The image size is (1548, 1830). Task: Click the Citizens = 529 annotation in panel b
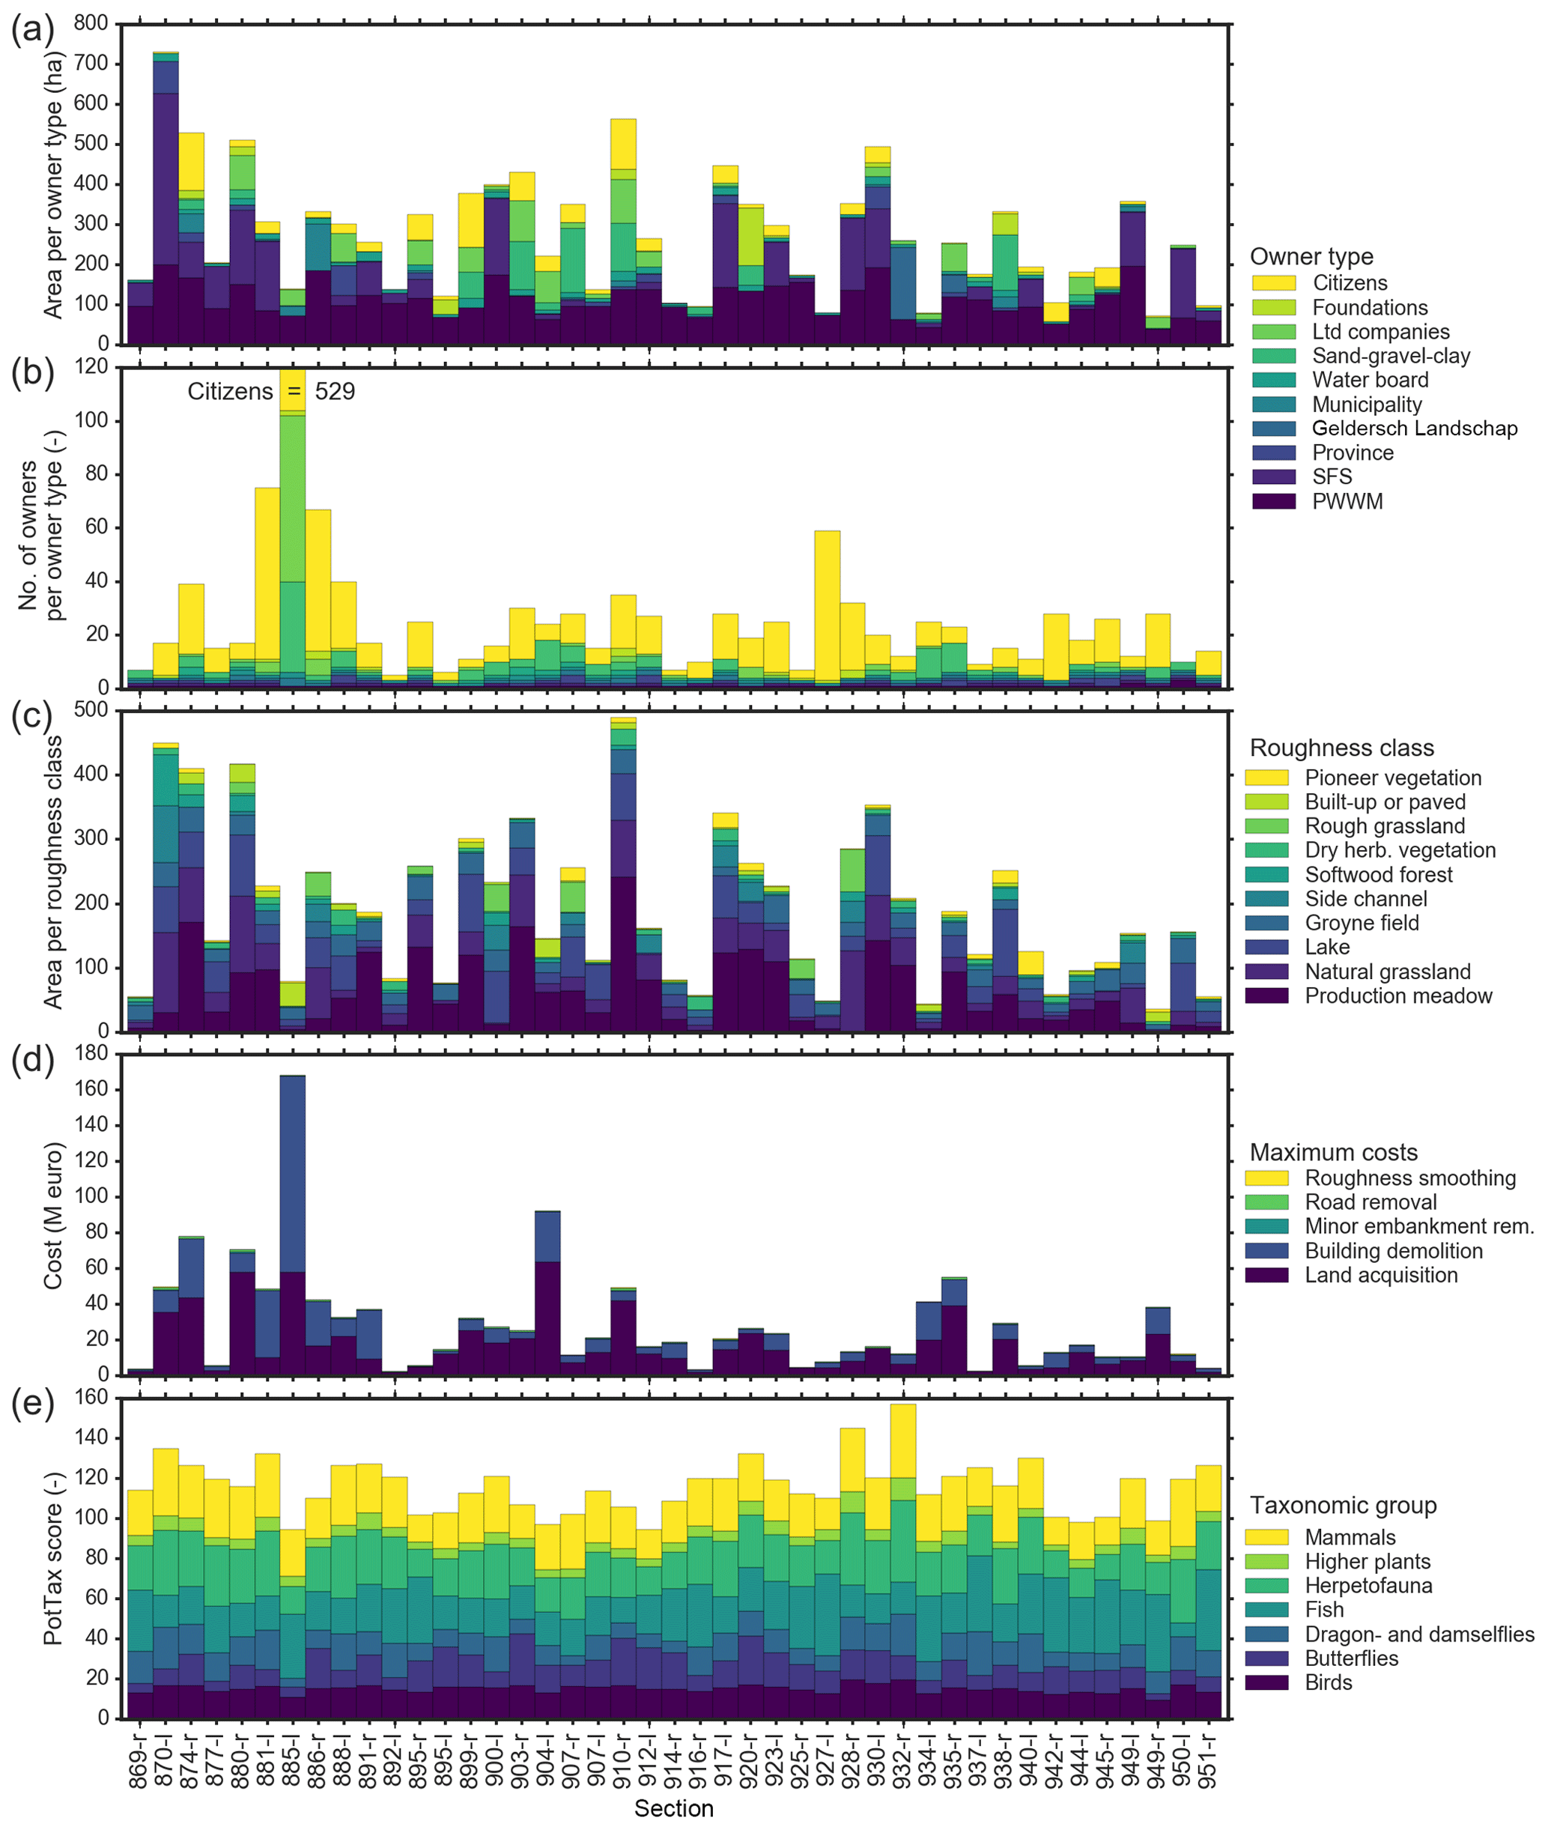271,392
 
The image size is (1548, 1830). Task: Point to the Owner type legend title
1311,256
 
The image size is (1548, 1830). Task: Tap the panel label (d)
32,1060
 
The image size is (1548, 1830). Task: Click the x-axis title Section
674,1808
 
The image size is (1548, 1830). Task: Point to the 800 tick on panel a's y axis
91,24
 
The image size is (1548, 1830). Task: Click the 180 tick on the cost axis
91,1053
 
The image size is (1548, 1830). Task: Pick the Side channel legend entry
1365,899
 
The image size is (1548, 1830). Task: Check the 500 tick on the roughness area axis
91,710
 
